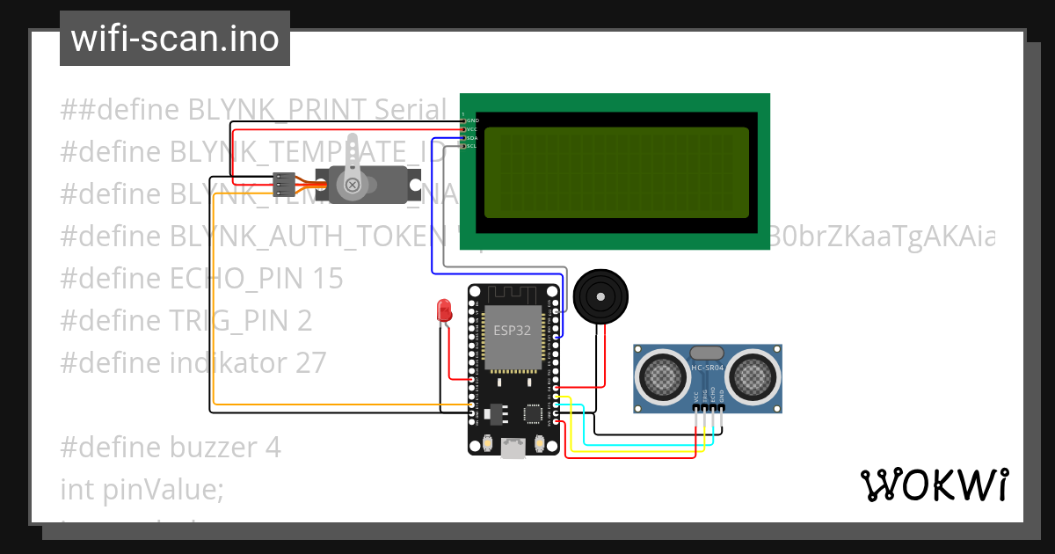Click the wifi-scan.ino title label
[174, 39]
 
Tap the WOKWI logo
[934, 485]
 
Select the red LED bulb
[444, 310]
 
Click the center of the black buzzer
[601, 297]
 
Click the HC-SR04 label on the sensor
[708, 367]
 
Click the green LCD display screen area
[616, 172]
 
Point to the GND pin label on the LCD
[471, 120]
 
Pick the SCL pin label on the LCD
[471, 146]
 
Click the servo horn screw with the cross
[353, 185]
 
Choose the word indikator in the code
[223, 362]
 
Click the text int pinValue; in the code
[142, 489]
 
